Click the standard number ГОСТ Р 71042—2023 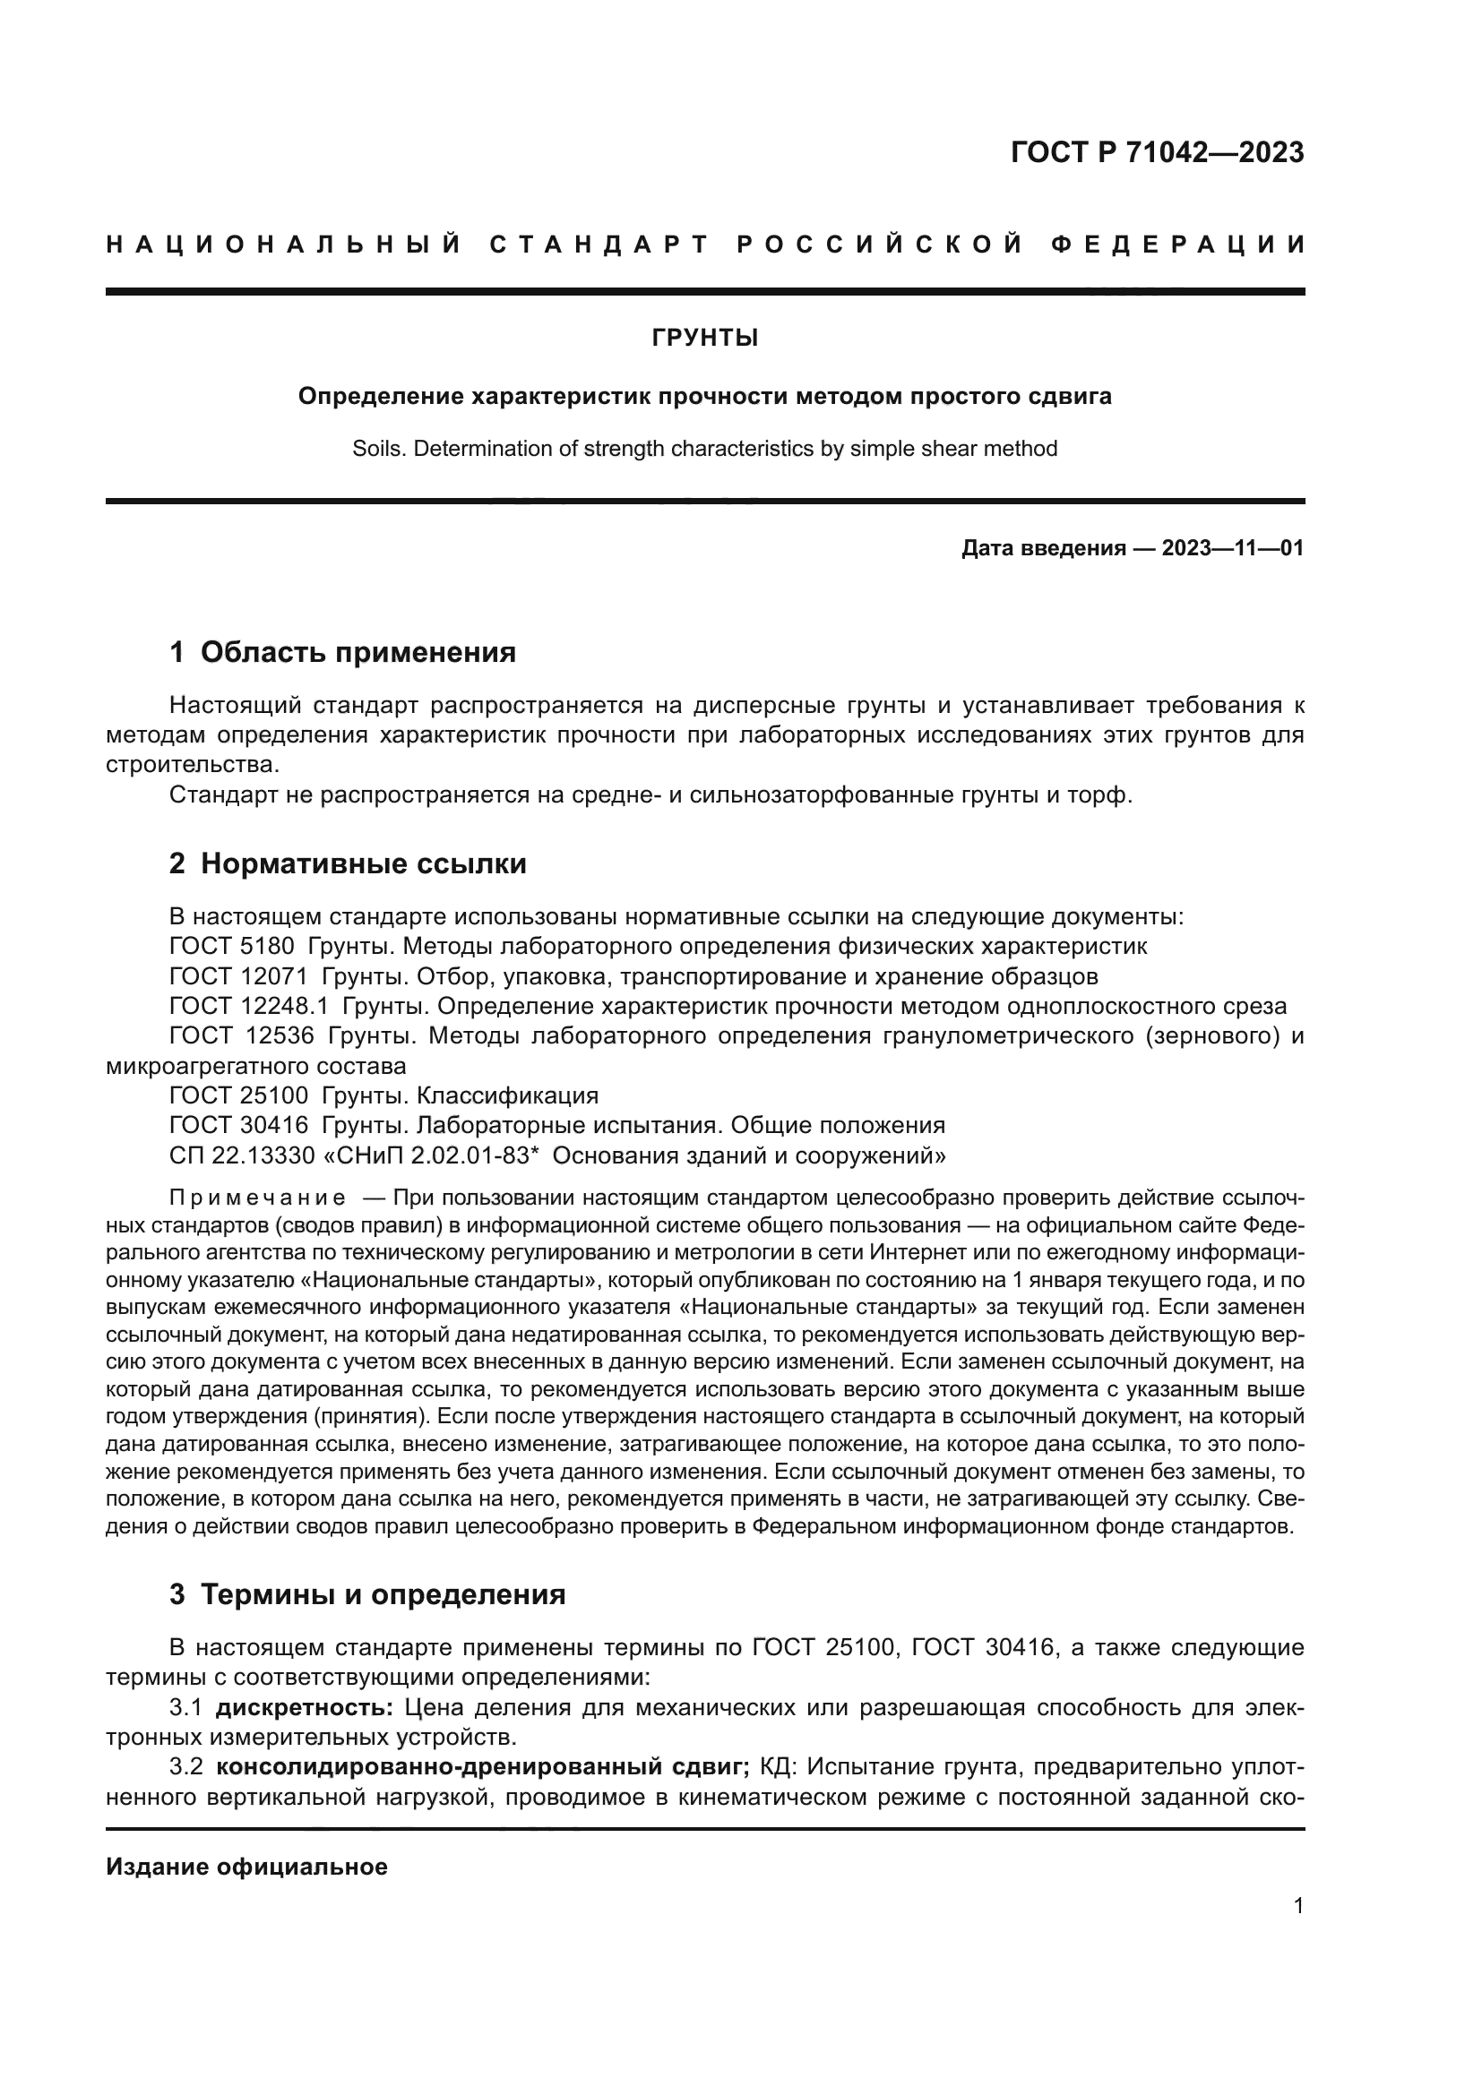point(1157,153)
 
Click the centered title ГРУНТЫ point(704,339)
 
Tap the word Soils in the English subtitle point(376,449)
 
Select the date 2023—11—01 point(1233,548)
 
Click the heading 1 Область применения point(342,652)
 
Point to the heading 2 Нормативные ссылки point(348,863)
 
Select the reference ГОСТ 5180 point(232,946)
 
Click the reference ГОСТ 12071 point(238,976)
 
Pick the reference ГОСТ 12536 point(242,1036)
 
